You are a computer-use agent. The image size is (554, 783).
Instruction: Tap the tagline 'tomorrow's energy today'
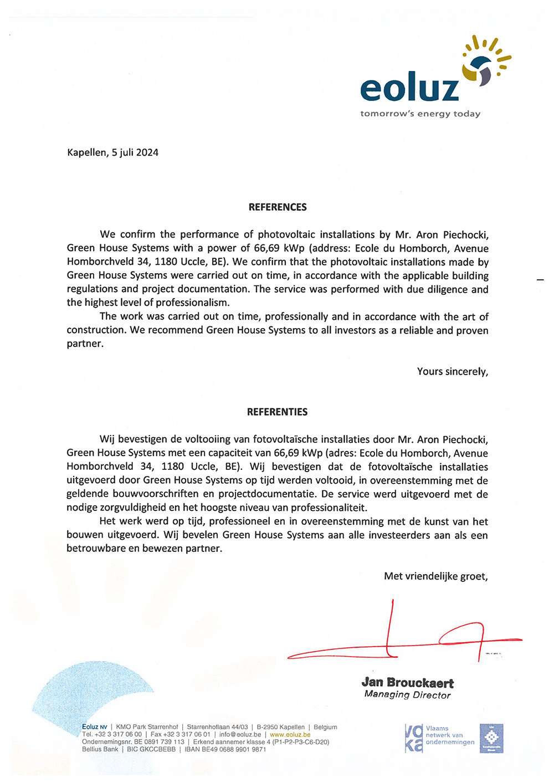click(x=420, y=114)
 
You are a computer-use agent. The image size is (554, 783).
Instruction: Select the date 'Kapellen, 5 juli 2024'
click(x=112, y=152)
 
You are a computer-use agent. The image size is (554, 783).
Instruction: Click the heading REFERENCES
click(x=278, y=207)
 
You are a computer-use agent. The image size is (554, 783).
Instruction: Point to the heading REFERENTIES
click(x=277, y=412)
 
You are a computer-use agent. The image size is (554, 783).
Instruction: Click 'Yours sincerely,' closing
click(x=453, y=371)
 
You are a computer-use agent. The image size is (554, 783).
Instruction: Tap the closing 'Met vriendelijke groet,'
click(x=436, y=576)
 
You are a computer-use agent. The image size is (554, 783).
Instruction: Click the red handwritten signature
click(x=404, y=637)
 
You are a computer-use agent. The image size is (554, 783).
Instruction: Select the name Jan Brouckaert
click(x=407, y=683)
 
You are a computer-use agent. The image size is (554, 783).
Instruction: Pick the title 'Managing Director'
click(x=407, y=695)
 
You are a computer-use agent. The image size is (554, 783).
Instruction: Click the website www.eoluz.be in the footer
click(x=290, y=734)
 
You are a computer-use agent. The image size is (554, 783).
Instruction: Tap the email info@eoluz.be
click(x=240, y=734)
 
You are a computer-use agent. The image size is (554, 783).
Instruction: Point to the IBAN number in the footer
click(x=225, y=749)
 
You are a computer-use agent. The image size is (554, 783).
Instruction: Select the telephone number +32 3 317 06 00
click(x=111, y=734)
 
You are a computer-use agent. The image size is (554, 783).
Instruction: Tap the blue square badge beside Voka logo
click(x=491, y=738)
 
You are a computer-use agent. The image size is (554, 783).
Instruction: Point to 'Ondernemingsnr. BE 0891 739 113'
click(x=133, y=741)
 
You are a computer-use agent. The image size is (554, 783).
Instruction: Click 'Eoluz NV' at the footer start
click(x=95, y=727)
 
